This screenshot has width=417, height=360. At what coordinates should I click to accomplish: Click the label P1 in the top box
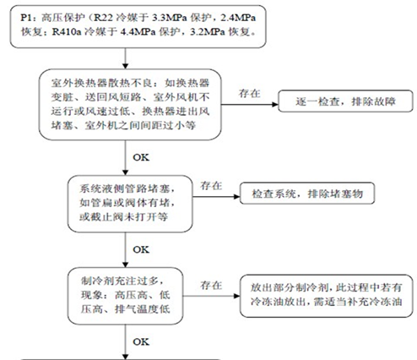pos(27,18)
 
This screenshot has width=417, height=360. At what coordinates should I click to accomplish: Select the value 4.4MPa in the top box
pos(138,32)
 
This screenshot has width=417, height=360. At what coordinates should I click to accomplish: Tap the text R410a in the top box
pos(67,32)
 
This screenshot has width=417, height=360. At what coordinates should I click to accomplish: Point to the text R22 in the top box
pos(103,18)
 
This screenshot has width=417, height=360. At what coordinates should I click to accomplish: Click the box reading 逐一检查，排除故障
pos(345,101)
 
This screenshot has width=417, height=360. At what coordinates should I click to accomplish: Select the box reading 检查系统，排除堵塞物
pos(307,194)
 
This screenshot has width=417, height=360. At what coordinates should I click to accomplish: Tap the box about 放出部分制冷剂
pos(326,296)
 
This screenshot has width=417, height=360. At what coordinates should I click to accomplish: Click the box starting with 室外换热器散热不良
pos(130,105)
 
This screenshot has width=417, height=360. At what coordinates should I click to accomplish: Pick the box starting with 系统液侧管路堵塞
pos(130,204)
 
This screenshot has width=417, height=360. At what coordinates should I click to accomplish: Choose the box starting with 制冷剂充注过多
pos(126,296)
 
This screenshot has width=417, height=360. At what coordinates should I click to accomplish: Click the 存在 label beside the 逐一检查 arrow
pos(250,93)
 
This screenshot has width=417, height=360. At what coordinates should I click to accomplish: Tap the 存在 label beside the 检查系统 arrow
pos(211,186)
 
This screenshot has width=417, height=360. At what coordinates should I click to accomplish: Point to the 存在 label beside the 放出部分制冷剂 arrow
pos(211,286)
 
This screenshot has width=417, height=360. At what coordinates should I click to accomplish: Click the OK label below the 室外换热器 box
pos(141,157)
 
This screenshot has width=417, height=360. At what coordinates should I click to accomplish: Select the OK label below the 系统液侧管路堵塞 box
pos(141,249)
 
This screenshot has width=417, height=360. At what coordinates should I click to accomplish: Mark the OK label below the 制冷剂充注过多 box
pos(141,342)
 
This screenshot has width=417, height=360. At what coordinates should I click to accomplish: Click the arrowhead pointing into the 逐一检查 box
pos(275,105)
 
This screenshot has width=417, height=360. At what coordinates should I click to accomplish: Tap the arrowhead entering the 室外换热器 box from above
pos(126,66)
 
